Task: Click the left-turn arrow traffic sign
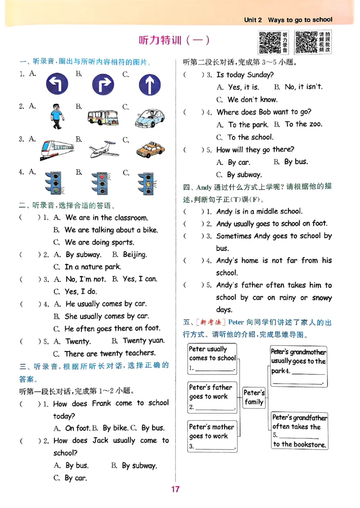(57, 84)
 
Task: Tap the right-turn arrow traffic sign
(103, 85)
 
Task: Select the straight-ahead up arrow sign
(149, 85)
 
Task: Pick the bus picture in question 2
(102, 117)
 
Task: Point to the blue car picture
(150, 118)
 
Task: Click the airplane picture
(104, 150)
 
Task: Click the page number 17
(175, 489)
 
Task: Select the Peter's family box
(254, 397)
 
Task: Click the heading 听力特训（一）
(175, 40)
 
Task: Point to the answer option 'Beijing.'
(135, 254)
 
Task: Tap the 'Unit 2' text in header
(253, 20)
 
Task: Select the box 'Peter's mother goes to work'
(212, 436)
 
